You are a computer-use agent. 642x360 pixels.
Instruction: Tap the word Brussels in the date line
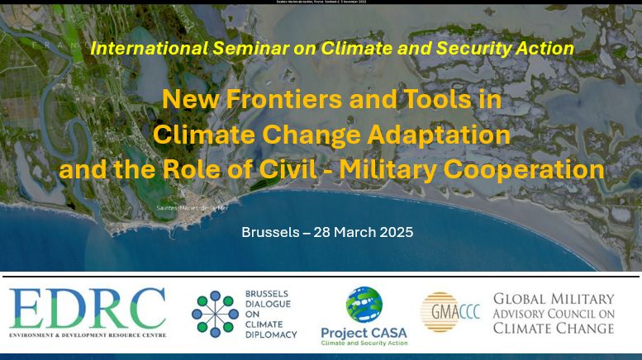coord(270,232)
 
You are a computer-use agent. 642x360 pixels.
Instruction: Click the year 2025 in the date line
coord(394,232)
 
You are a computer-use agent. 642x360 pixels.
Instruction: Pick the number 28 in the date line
coord(323,232)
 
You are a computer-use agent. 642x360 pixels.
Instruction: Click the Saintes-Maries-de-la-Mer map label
coord(192,207)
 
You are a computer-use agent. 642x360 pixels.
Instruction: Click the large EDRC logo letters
coord(88,307)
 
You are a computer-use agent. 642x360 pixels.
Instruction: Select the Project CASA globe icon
coord(364,305)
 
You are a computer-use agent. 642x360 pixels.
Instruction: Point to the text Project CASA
coord(364,332)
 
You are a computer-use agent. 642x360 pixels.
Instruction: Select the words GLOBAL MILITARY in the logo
coord(553,299)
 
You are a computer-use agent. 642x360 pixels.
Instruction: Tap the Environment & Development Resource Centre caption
coord(88,334)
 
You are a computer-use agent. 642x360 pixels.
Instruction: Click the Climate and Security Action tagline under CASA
coord(364,343)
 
